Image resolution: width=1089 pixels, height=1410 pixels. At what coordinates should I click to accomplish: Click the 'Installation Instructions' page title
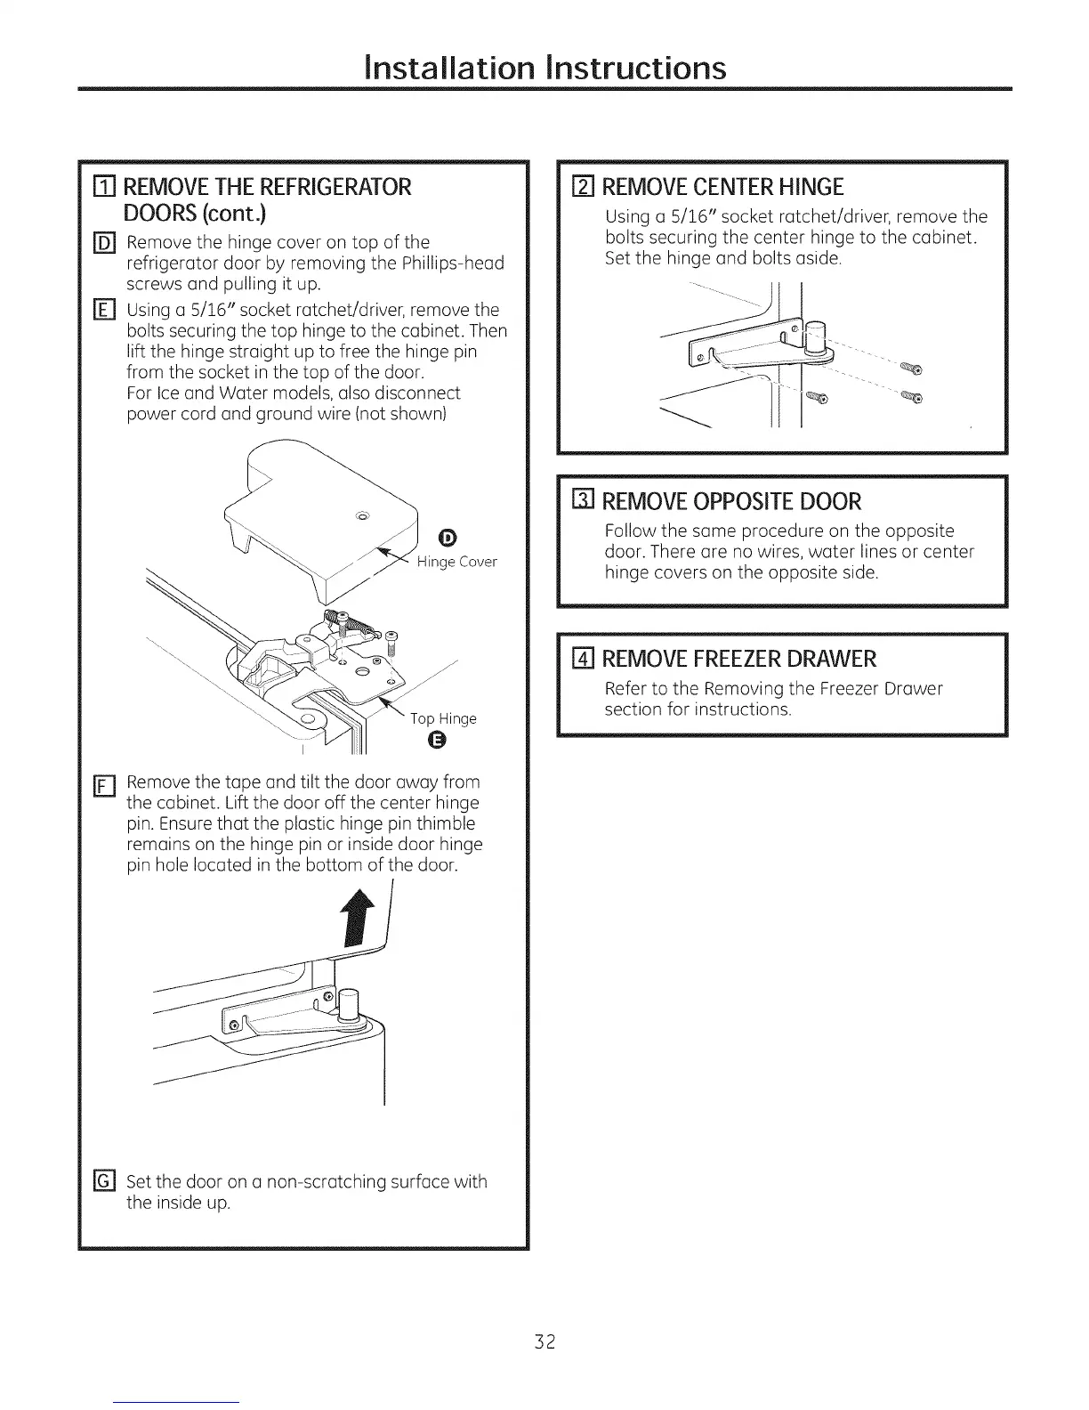[544, 68]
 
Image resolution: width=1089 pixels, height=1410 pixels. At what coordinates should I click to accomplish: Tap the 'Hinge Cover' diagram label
[456, 562]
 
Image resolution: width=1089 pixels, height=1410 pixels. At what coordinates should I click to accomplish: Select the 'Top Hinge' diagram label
[443, 718]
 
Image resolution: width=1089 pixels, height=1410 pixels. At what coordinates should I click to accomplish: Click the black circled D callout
[448, 536]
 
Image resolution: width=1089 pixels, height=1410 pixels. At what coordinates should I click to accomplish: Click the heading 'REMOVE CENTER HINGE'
[722, 188]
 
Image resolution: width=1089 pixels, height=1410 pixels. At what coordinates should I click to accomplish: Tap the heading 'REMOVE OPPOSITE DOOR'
[732, 501]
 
